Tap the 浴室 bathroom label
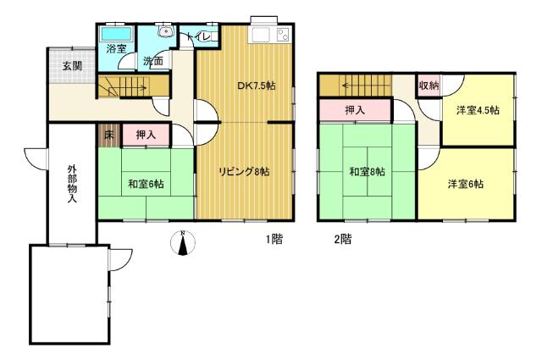(116, 49)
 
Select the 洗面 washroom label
(153, 63)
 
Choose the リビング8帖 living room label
(245, 172)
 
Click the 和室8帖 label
(366, 172)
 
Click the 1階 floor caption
(273, 240)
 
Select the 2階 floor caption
(342, 240)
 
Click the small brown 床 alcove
(109, 135)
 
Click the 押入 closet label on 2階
(356, 110)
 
